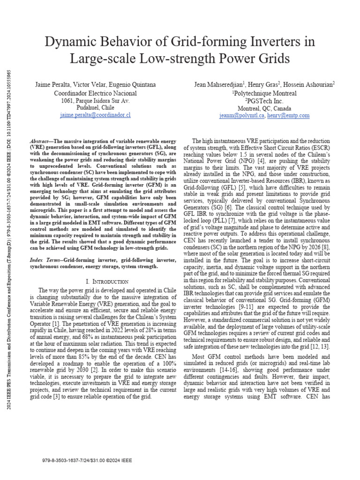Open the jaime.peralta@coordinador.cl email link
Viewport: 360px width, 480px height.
click(x=96, y=115)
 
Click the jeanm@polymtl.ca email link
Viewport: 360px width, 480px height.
click(x=242, y=115)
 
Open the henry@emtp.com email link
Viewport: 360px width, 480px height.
click(x=288, y=115)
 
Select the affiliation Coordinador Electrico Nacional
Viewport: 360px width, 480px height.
click(x=96, y=93)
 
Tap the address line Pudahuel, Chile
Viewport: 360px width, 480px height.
click(x=96, y=107)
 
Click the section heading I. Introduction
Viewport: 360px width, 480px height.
click(x=107, y=281)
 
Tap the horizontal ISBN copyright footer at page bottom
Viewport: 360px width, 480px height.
click(x=87, y=461)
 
